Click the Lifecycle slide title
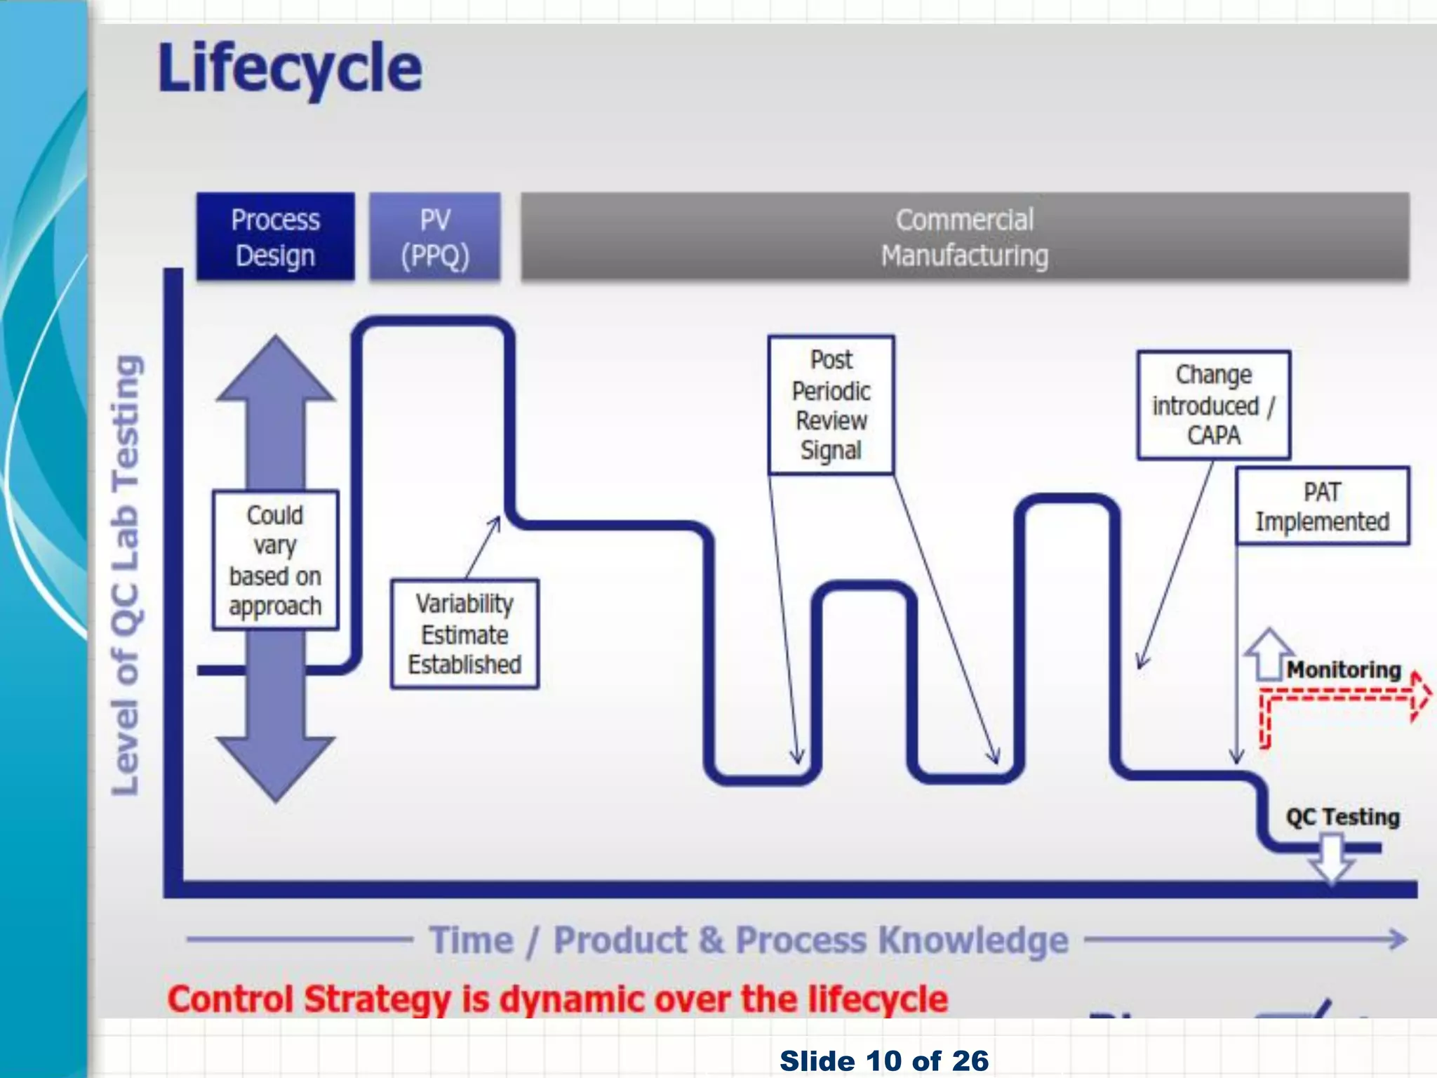289,69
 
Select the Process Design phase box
275,237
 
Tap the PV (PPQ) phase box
435,237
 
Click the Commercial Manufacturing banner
964,237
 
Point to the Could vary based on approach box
275,559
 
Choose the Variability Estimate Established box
464,634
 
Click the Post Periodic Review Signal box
831,405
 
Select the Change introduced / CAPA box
1213,405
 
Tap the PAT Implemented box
1322,506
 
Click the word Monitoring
1343,670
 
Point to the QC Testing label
1342,817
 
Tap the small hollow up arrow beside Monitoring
1268,653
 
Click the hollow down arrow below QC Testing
1331,858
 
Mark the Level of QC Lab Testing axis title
126,575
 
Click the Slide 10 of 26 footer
884,1060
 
